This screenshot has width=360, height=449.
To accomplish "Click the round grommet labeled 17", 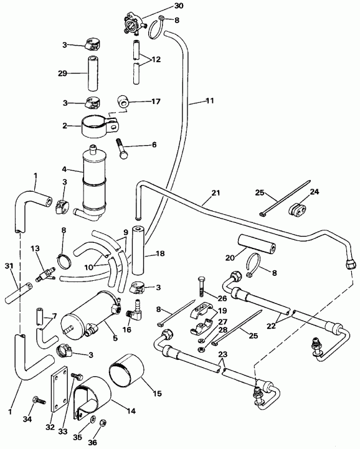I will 123,100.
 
